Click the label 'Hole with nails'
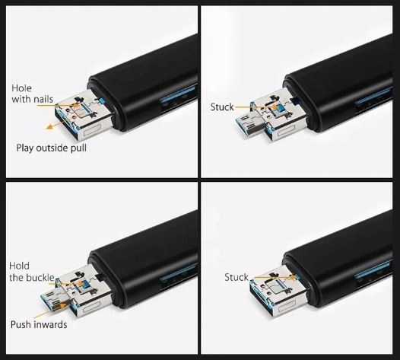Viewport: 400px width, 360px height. click(x=33, y=94)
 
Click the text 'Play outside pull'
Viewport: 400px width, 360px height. click(x=51, y=148)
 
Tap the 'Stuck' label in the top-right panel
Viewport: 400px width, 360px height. click(x=222, y=107)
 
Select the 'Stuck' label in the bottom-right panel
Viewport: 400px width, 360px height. click(x=237, y=277)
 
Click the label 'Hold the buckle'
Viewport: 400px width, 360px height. click(x=32, y=272)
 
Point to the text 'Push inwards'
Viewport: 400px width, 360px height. click(x=39, y=324)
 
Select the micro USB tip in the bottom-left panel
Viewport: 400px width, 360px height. click(x=52, y=301)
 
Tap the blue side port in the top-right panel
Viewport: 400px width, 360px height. click(x=373, y=97)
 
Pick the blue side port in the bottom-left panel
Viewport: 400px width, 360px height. click(x=179, y=272)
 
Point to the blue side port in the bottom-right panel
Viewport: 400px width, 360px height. click(x=373, y=271)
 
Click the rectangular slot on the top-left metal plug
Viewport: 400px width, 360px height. click(x=92, y=130)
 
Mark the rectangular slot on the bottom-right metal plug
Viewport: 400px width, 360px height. click(x=287, y=307)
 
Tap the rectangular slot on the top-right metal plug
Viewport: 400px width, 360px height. click(x=286, y=131)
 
